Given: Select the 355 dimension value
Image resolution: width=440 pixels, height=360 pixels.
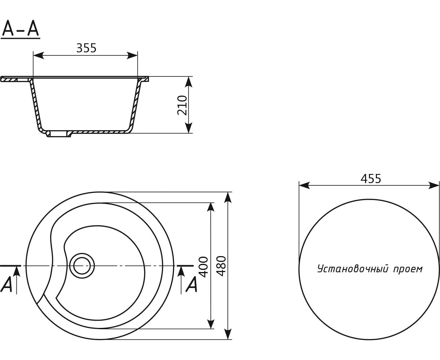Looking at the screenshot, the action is [86, 48].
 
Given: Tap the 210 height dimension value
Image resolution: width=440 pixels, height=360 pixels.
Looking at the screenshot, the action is [182, 105].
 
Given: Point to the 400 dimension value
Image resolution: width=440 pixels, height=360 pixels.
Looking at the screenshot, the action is [204, 266].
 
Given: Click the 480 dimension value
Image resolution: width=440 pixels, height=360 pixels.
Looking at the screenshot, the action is [221, 266].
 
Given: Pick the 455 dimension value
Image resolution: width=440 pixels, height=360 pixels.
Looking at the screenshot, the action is [371, 179].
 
